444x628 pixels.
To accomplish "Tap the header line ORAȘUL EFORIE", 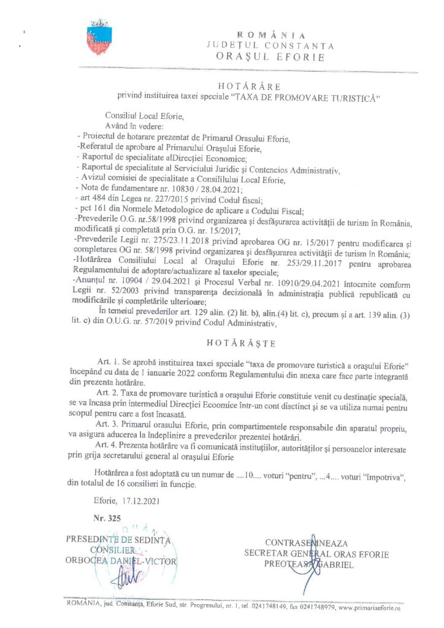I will coord(270,56).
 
